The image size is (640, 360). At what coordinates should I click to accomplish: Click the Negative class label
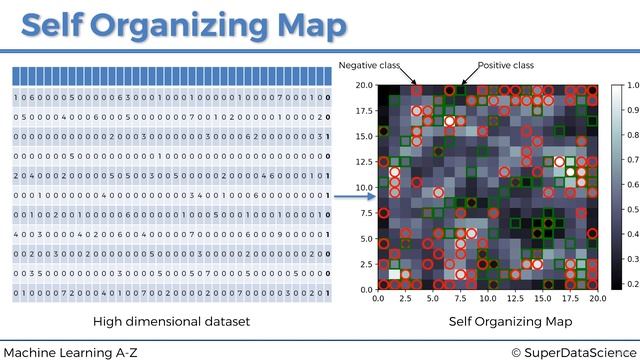(369, 65)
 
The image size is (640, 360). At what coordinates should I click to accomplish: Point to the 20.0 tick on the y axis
(363, 85)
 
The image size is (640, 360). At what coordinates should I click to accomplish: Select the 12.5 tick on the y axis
(363, 161)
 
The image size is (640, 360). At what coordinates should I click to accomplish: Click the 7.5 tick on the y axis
(365, 213)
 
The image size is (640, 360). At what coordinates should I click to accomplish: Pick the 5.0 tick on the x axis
(433, 298)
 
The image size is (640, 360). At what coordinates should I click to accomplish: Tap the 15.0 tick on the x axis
(542, 298)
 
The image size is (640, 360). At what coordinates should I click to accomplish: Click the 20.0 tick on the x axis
(596, 298)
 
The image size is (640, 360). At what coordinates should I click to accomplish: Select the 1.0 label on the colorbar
(632, 87)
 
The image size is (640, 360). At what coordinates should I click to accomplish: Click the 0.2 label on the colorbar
(632, 283)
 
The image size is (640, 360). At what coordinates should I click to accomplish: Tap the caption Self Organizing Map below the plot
(510, 321)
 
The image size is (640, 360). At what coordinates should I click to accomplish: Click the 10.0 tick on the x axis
(487, 298)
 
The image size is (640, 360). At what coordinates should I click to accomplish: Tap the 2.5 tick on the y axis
(365, 264)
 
